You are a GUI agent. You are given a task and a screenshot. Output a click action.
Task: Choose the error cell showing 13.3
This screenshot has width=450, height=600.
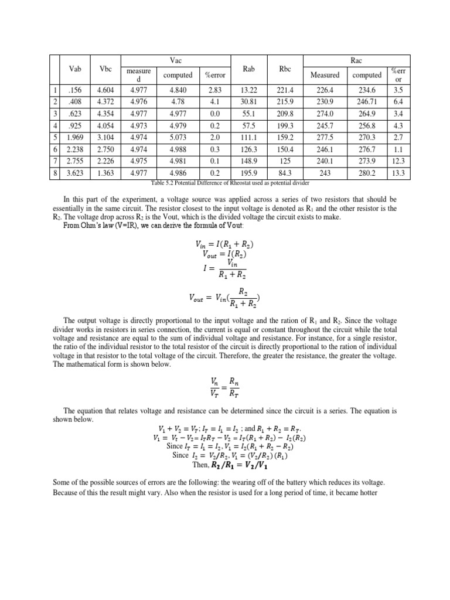tap(399, 173)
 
